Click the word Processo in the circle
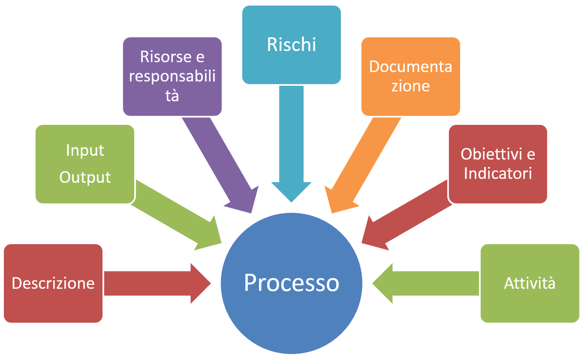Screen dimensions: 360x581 point(291,283)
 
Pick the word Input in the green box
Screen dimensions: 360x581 point(85,150)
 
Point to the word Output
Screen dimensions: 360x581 point(85,177)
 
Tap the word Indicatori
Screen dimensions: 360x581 point(498,173)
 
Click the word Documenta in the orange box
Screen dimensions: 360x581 point(411,66)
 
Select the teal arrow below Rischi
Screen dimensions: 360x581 point(291,145)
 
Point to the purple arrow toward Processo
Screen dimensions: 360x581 point(218,165)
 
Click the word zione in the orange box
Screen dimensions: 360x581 point(411,86)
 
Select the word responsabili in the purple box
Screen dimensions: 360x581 point(172,76)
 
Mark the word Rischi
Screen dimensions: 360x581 point(291,45)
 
